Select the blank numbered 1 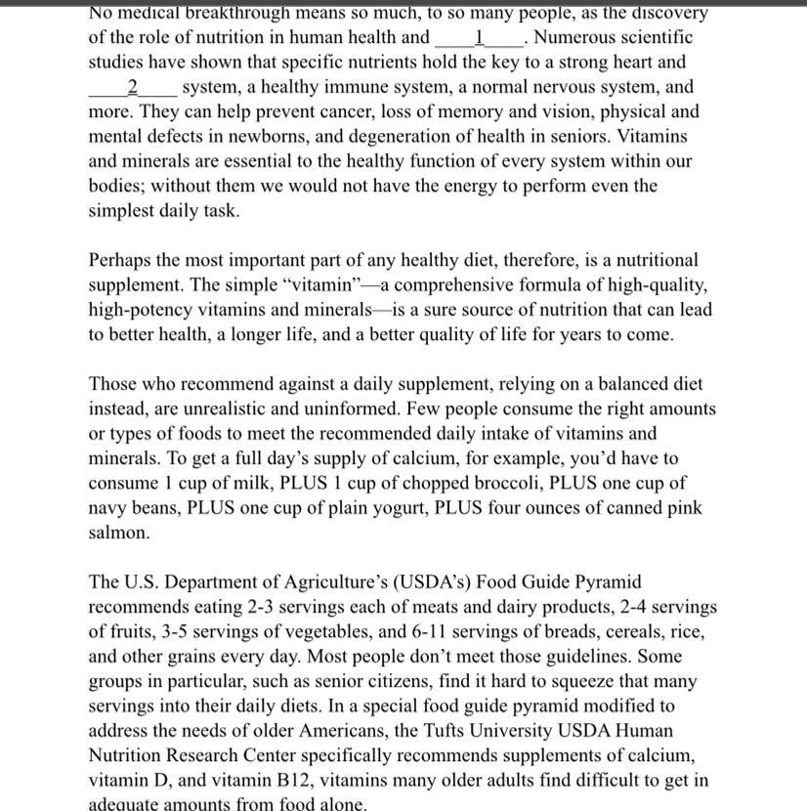click(479, 38)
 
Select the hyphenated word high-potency click(140, 310)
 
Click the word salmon click(119, 533)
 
